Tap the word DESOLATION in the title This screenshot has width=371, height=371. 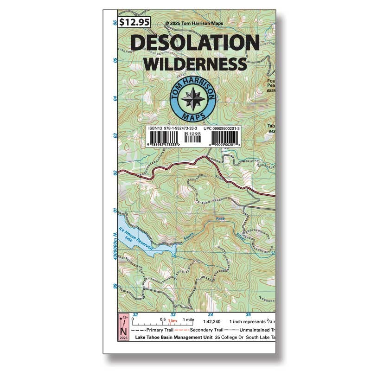tap(195, 43)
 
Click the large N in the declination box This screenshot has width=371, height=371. tap(123, 331)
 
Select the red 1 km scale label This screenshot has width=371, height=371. tap(172, 321)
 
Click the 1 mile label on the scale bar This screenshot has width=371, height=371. tap(188, 320)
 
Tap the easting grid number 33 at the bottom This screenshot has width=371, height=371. tap(173, 314)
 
